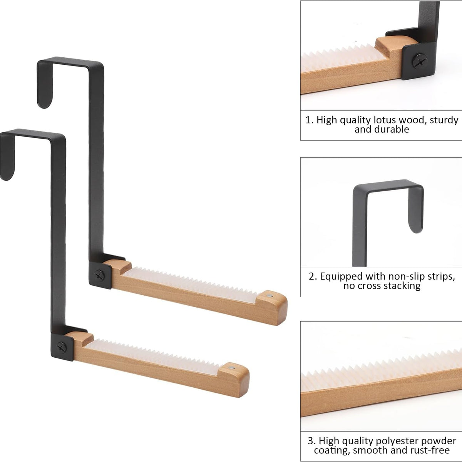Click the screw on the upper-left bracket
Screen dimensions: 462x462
[x=99, y=275]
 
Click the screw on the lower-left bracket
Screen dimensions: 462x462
[x=62, y=346]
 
